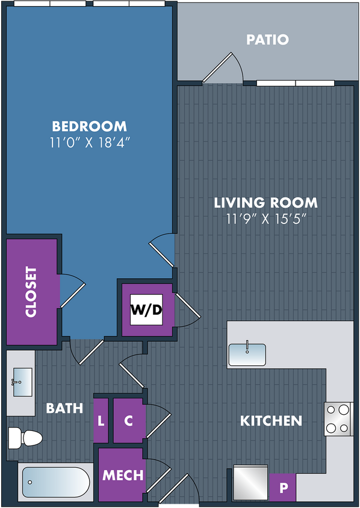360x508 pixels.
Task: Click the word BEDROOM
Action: (90, 126)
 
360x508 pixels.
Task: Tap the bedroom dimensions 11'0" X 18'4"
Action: (90, 143)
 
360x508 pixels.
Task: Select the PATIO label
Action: (267, 40)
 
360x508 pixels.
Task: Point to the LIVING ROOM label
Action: (265, 203)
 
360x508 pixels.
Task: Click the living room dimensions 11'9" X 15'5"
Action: (266, 218)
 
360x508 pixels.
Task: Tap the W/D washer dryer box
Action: (146, 310)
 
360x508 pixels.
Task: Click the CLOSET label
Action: (31, 291)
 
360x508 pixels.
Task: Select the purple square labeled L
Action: (101, 421)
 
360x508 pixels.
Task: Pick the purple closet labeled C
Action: (129, 421)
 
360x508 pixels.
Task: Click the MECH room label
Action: (123, 475)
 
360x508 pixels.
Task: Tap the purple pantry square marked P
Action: (282, 488)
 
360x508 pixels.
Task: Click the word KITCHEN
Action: (271, 421)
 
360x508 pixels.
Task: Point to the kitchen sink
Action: (247, 355)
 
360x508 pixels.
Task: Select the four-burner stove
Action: (338, 419)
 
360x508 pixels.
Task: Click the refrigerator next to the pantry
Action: (250, 483)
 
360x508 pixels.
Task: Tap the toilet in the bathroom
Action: (25, 438)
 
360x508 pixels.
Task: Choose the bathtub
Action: (56, 482)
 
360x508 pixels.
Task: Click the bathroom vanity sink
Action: (22, 382)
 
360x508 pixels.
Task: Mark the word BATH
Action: (64, 408)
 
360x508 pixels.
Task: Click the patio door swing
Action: (223, 69)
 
